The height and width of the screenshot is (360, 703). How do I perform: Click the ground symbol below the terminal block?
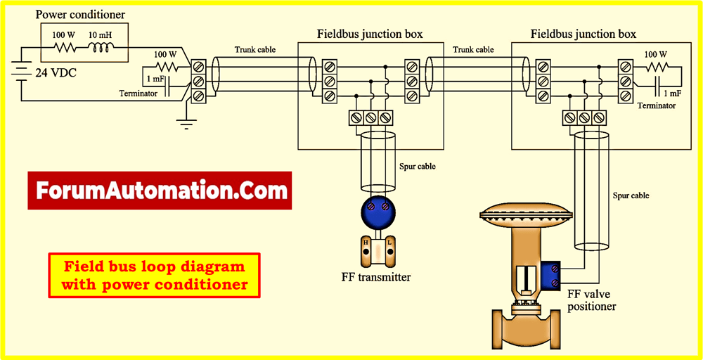184,125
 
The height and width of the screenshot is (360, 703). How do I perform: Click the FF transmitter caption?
375,277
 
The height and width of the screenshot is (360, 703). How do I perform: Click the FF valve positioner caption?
591,301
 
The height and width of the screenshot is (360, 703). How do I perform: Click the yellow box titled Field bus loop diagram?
155,275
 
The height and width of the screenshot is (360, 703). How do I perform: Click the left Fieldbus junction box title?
370,34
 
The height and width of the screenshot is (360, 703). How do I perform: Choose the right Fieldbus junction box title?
583,34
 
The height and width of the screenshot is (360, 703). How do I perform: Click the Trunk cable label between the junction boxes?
473,50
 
